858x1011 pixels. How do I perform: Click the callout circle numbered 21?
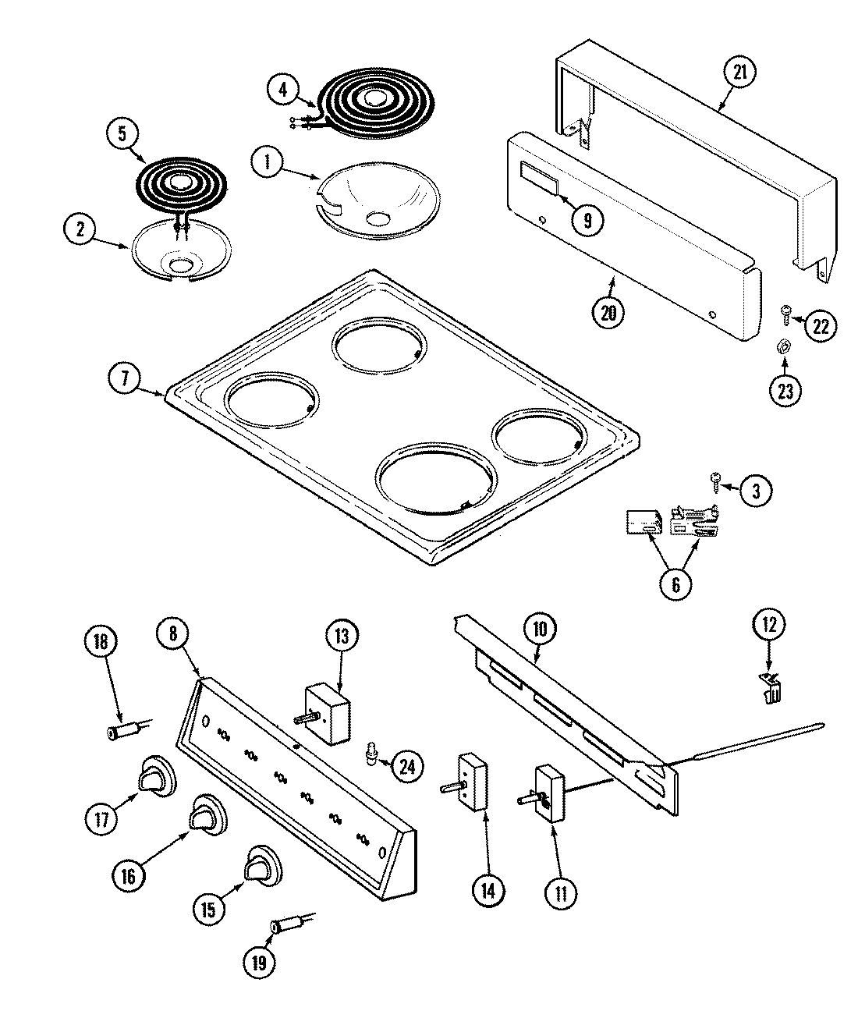(x=740, y=73)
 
